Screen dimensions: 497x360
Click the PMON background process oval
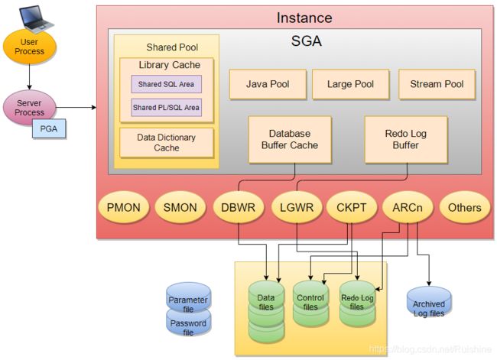pyautogui.click(x=124, y=207)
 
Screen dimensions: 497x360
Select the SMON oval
pyautogui.click(x=180, y=207)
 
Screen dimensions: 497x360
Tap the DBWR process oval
pyautogui.click(x=238, y=207)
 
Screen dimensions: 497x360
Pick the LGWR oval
pyautogui.click(x=297, y=207)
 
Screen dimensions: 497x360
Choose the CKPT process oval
pyautogui.click(x=352, y=207)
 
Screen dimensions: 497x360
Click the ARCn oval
pyautogui.click(x=408, y=207)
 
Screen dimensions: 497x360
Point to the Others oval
pyautogui.click(x=465, y=207)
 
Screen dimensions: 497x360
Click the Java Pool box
pyautogui.click(x=268, y=84)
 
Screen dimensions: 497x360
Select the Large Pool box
pyautogui.click(x=350, y=84)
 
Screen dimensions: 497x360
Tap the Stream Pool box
pyautogui.click(x=437, y=84)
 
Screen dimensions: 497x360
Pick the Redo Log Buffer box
pyautogui.click(x=406, y=139)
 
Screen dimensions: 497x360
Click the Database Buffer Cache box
pyautogui.click(x=290, y=139)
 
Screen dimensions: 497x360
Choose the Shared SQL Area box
pyautogui.click(x=167, y=84)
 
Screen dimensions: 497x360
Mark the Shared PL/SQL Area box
pyautogui.click(x=167, y=108)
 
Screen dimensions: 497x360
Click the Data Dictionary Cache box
pyautogui.click(x=167, y=143)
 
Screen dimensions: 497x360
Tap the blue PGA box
pyautogui.click(x=49, y=128)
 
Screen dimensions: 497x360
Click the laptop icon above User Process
pyautogui.click(x=36, y=19)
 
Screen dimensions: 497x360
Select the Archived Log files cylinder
pyautogui.click(x=429, y=303)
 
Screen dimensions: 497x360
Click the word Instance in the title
pyautogui.click(x=304, y=18)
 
